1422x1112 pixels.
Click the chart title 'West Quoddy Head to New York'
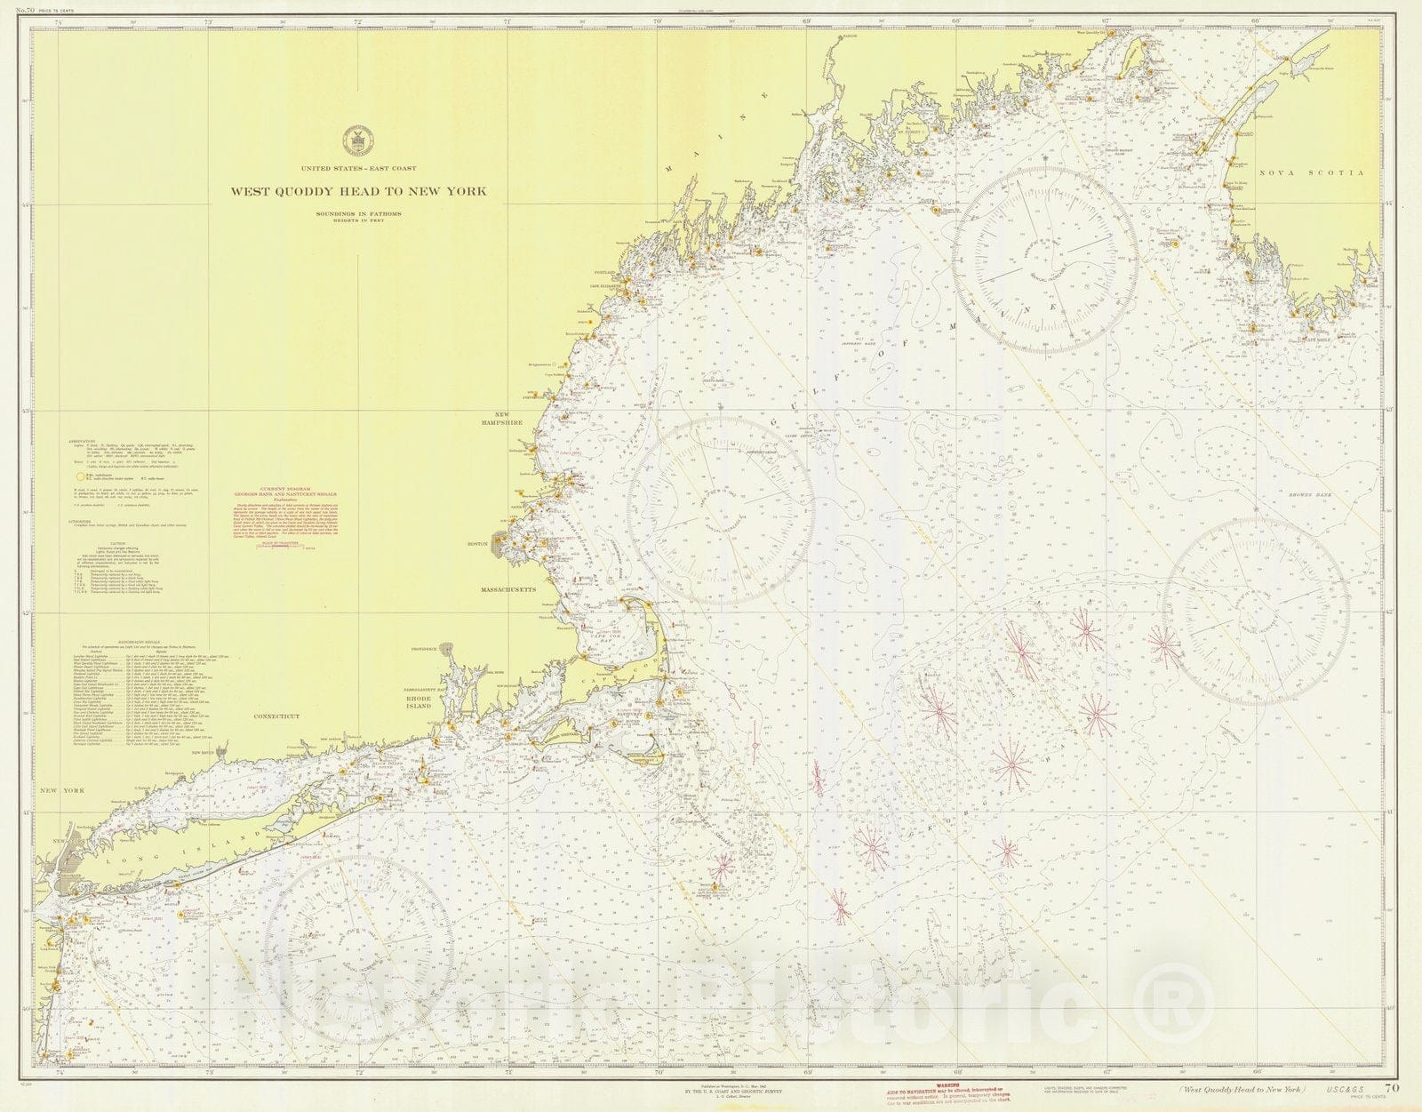[x=358, y=190]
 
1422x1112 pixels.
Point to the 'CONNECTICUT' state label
[x=277, y=716]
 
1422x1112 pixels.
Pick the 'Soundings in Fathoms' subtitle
[x=358, y=213]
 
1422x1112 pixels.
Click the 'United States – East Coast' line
[x=358, y=168]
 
